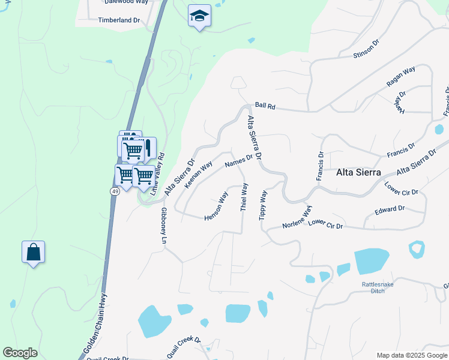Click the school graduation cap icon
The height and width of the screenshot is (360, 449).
[x=199, y=16]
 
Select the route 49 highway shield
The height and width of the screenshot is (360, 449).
[x=114, y=191]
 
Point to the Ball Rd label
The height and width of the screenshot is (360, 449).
[x=265, y=106]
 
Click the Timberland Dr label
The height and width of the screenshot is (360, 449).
[x=119, y=20]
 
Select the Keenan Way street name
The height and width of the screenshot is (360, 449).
[x=199, y=174]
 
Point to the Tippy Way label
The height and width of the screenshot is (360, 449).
[x=263, y=206]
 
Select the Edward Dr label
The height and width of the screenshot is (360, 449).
[x=390, y=209]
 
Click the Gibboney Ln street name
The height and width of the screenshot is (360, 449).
[x=163, y=225]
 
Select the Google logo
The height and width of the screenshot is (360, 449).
[x=20, y=353]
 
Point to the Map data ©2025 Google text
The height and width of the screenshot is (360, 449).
[x=411, y=355]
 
